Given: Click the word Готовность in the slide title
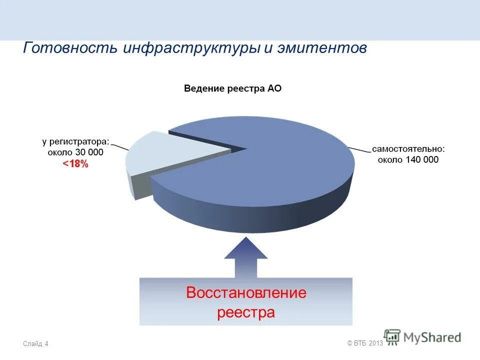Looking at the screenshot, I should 70,49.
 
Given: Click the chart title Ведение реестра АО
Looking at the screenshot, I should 232,89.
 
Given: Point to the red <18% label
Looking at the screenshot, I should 75,164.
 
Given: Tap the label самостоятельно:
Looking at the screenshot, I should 408,149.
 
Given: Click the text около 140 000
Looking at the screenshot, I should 408,160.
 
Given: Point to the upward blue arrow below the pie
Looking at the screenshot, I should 246,257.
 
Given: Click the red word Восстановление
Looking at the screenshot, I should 246,293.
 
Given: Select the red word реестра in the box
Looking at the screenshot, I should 246,313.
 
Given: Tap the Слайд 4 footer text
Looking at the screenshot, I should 35,343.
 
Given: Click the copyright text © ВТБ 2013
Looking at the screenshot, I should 364,342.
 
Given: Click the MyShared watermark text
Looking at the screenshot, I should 432,337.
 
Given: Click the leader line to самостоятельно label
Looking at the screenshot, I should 359,150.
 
